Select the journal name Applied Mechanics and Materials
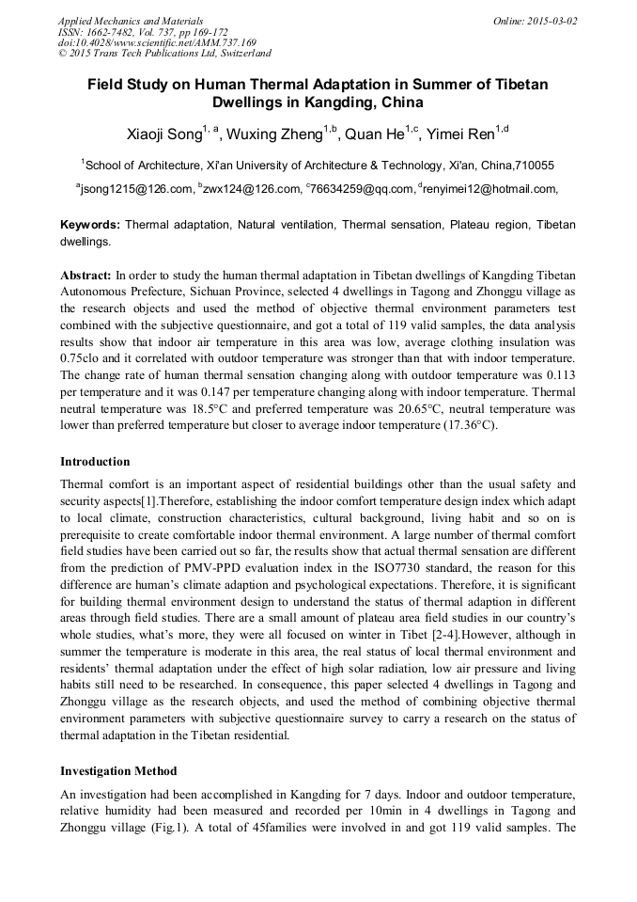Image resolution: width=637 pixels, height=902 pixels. [131, 21]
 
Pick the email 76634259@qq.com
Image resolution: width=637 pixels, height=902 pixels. [362, 189]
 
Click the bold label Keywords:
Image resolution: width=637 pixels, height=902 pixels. [90, 225]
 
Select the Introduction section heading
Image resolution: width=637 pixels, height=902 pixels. [95, 462]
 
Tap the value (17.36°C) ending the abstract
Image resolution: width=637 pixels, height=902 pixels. [470, 424]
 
